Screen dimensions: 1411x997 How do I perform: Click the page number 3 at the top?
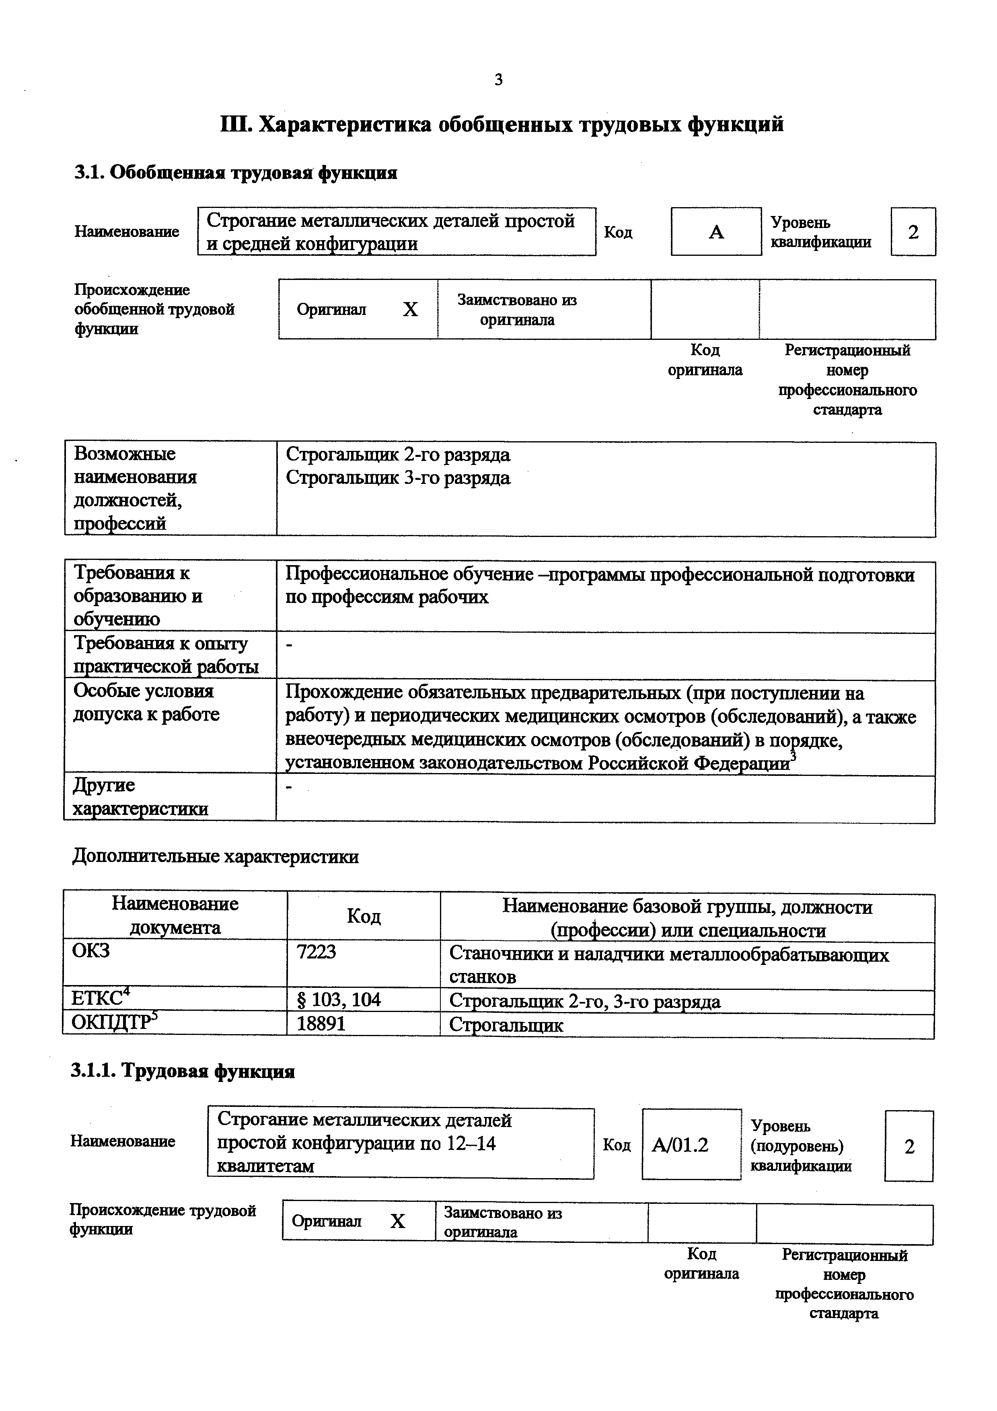click(498, 80)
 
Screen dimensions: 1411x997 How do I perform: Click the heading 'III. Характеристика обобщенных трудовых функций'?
click(502, 125)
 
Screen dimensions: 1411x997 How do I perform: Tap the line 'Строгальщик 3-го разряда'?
click(398, 478)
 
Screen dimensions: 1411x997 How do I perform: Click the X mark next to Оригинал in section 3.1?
click(410, 310)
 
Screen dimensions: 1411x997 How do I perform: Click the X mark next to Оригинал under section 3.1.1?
click(398, 1222)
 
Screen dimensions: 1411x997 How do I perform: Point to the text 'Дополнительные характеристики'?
click(216, 857)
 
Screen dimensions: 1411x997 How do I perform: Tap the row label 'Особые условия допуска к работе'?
click(146, 702)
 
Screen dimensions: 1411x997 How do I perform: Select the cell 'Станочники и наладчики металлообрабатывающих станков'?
click(668, 965)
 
